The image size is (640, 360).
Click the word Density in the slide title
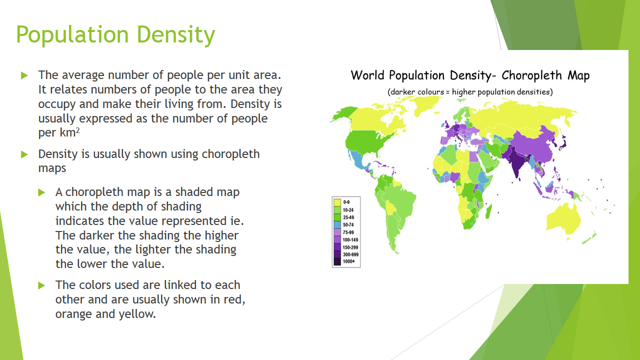[x=175, y=35]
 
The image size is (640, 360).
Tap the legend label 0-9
[x=346, y=202]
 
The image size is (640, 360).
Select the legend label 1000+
[x=348, y=261]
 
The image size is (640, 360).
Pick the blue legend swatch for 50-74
[x=337, y=224]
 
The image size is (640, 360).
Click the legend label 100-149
[x=350, y=239]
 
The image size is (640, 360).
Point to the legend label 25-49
[x=348, y=217]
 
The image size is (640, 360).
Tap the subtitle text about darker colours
[x=470, y=92]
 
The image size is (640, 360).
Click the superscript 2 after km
[x=77, y=131]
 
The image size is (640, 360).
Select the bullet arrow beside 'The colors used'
[x=42, y=285]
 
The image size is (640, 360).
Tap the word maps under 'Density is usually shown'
[x=52, y=168]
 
